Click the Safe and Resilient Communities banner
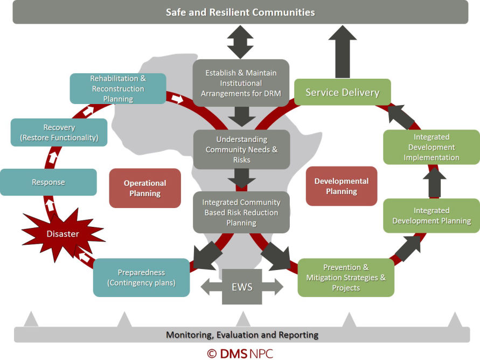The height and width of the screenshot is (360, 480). click(x=240, y=12)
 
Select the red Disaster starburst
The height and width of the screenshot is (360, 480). click(x=62, y=233)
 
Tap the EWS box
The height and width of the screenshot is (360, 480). click(x=241, y=287)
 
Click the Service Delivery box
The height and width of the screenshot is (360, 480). click(x=342, y=92)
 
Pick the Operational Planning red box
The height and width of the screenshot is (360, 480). click(x=145, y=188)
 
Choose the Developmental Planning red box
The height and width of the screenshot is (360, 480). click(x=341, y=186)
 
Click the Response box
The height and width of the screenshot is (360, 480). click(x=48, y=182)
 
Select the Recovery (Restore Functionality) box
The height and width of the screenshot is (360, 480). click(x=59, y=133)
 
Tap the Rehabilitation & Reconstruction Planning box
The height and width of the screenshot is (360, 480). click(x=117, y=88)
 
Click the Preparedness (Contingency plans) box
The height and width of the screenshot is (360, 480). click(x=141, y=278)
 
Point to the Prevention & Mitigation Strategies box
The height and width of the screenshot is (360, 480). click(x=346, y=278)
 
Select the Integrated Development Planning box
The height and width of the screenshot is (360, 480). click(x=431, y=216)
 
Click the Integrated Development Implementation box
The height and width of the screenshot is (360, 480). click(x=431, y=147)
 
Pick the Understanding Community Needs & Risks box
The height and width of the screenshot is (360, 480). click(x=241, y=149)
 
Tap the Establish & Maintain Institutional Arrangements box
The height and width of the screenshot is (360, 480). click(x=241, y=83)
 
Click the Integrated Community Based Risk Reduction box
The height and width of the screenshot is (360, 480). click(x=241, y=212)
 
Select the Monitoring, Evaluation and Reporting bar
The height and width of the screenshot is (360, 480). click(x=241, y=335)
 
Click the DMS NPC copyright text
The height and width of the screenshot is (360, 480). click(x=241, y=353)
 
